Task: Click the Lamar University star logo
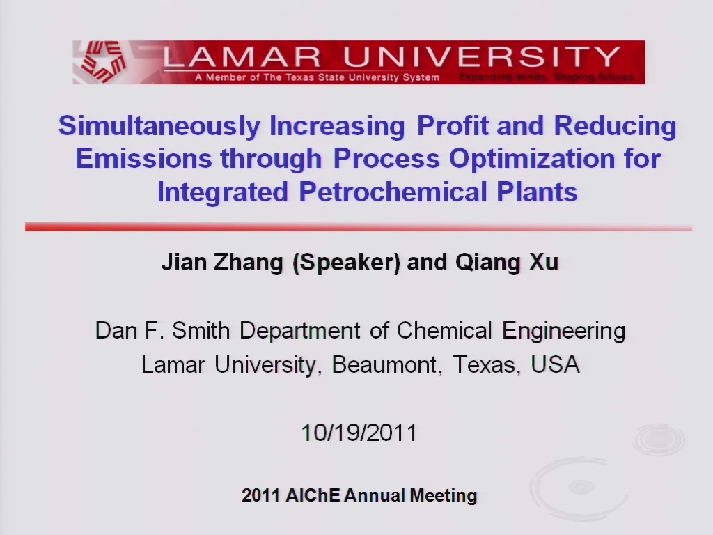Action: pos(103,62)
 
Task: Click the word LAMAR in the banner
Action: pos(242,57)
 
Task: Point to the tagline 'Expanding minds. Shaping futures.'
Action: pos(547,77)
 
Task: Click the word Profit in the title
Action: pos(453,125)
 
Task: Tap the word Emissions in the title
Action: pos(143,158)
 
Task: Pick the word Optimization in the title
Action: pos(532,160)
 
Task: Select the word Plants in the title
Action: pos(537,192)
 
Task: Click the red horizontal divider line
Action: pos(359,227)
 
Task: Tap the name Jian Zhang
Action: pos(222,263)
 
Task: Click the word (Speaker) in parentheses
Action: pos(347,263)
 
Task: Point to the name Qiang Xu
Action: pos(507,263)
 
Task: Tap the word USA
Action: pos(555,364)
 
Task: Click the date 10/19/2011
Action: pos(359,432)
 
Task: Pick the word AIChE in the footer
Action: pos(313,495)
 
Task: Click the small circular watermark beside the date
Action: pos(659,440)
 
